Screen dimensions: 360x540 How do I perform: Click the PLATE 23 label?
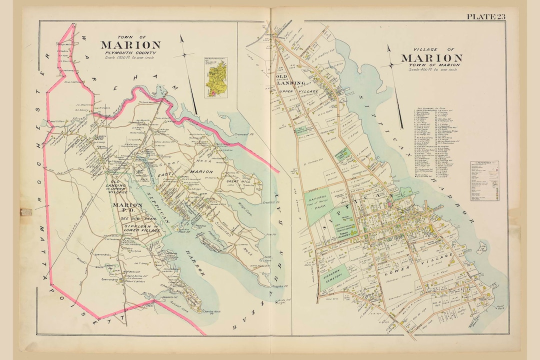point(485,16)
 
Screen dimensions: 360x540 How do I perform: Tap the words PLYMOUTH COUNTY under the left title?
point(130,52)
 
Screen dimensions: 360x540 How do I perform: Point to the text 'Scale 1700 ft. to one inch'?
point(129,58)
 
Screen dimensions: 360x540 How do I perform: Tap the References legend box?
point(484,180)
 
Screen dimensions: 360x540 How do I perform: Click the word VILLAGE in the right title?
point(422,49)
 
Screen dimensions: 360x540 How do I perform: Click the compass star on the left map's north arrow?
point(187,54)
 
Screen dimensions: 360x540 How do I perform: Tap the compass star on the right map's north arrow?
point(391,65)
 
